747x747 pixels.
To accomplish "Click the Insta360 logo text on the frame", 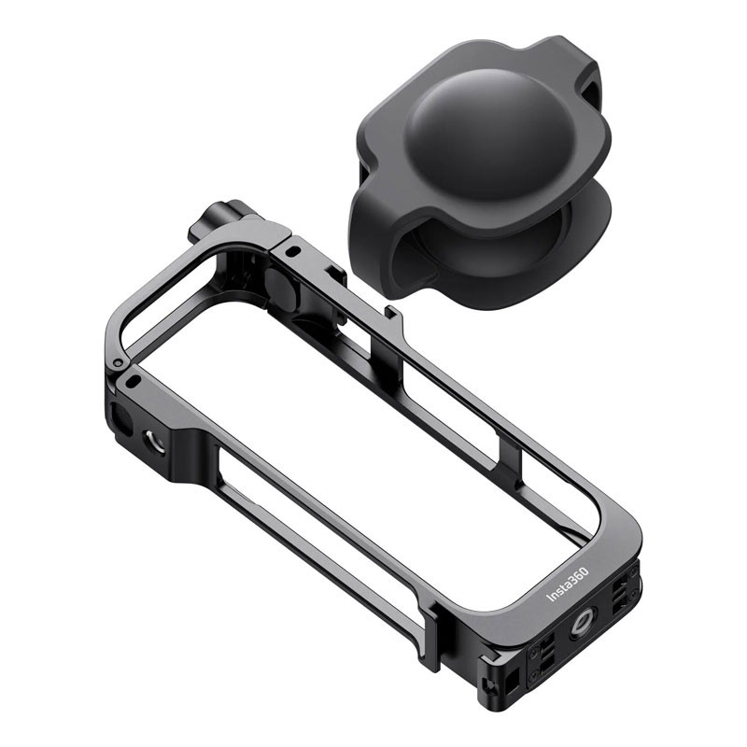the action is click(568, 585).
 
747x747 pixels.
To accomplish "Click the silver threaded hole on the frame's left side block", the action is click(155, 441).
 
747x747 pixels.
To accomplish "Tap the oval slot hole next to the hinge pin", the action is click(134, 381).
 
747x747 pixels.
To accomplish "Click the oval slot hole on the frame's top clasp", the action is click(295, 249).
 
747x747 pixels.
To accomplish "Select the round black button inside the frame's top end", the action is click(281, 287).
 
